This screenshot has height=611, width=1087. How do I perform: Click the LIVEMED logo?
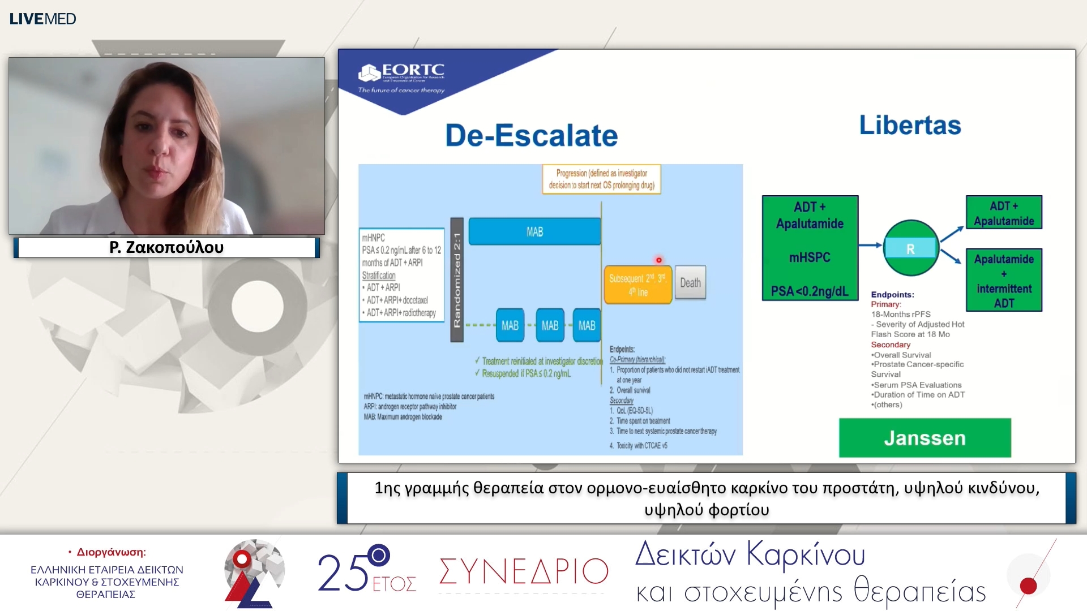click(42, 19)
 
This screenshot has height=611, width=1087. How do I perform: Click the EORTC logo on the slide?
click(402, 78)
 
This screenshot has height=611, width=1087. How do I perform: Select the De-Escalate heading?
click(531, 136)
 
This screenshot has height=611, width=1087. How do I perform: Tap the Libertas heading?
click(910, 125)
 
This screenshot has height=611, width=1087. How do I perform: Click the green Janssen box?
click(925, 438)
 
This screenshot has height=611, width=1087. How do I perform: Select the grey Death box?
click(690, 282)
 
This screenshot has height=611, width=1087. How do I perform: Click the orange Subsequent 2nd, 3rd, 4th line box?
click(637, 285)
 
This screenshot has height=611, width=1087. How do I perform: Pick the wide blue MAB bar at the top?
click(534, 231)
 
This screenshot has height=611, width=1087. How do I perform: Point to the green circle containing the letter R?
click(910, 248)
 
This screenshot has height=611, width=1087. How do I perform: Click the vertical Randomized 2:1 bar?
click(457, 280)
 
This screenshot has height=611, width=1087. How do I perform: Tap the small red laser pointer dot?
click(658, 260)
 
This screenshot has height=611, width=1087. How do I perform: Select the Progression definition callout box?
click(601, 179)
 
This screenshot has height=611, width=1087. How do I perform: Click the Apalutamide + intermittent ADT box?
click(1004, 281)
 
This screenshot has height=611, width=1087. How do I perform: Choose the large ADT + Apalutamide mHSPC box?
click(810, 248)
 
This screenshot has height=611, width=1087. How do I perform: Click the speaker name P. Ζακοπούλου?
click(166, 247)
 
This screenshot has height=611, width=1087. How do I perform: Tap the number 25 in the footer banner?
click(342, 573)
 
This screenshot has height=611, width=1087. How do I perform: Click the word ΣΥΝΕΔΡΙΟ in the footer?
click(523, 571)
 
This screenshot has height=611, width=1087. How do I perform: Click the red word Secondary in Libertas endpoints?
click(891, 345)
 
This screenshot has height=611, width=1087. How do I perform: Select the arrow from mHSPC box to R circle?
click(870, 245)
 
